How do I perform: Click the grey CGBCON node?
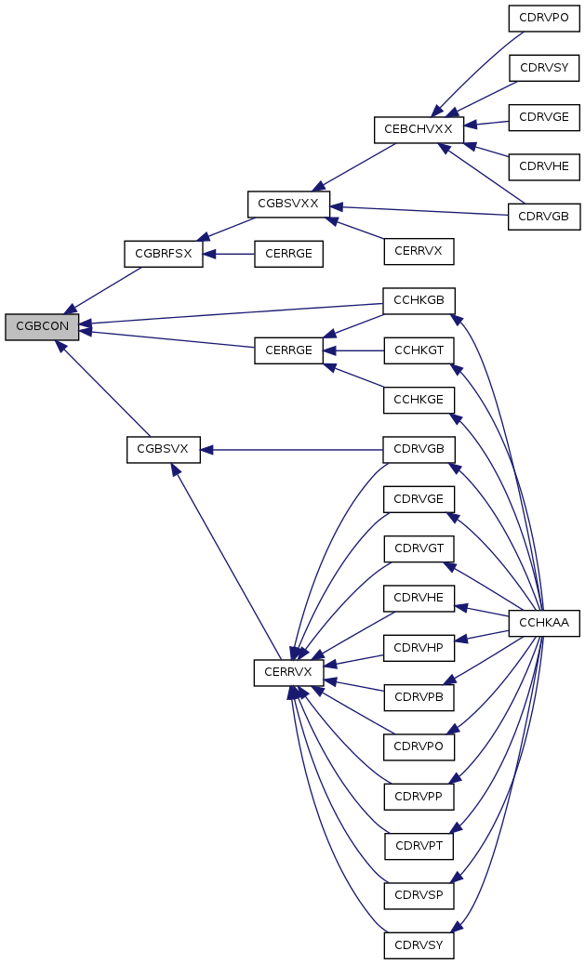point(42,326)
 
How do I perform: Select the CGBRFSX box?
point(164,253)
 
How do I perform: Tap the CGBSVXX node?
point(288,204)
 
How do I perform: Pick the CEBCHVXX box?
point(419,129)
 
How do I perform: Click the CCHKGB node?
point(419,300)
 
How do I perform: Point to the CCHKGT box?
point(419,350)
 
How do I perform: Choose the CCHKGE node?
point(419,400)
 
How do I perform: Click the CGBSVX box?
point(164,449)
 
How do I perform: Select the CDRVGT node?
point(419,548)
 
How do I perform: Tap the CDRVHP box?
point(419,647)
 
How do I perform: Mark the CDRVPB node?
point(419,697)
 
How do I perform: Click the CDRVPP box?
point(419,797)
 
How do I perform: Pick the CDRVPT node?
point(419,846)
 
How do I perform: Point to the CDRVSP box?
point(419,896)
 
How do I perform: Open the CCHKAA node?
point(544,623)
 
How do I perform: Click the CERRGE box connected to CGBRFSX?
point(288,253)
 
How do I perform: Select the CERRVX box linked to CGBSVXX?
point(419,251)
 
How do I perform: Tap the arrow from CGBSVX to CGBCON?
point(102,388)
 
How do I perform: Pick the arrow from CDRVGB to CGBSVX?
point(292,450)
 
